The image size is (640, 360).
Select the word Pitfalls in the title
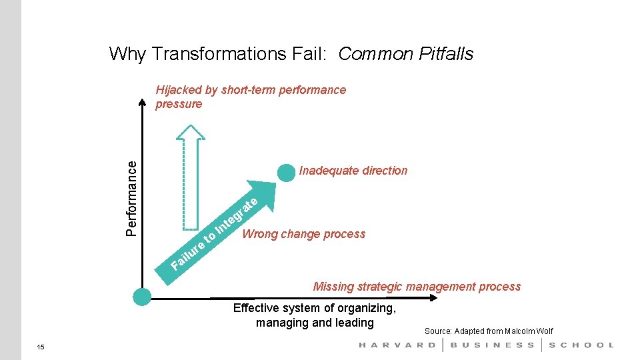[x=446, y=53]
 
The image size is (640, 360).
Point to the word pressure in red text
[x=178, y=104]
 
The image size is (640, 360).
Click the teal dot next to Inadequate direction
[x=286, y=172]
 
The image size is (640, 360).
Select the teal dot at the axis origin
[x=142, y=297]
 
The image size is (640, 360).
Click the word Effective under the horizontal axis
[x=258, y=308]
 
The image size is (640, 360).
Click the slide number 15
[x=41, y=347]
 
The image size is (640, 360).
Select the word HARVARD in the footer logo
[x=397, y=345]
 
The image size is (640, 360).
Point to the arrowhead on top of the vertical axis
[x=142, y=102]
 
